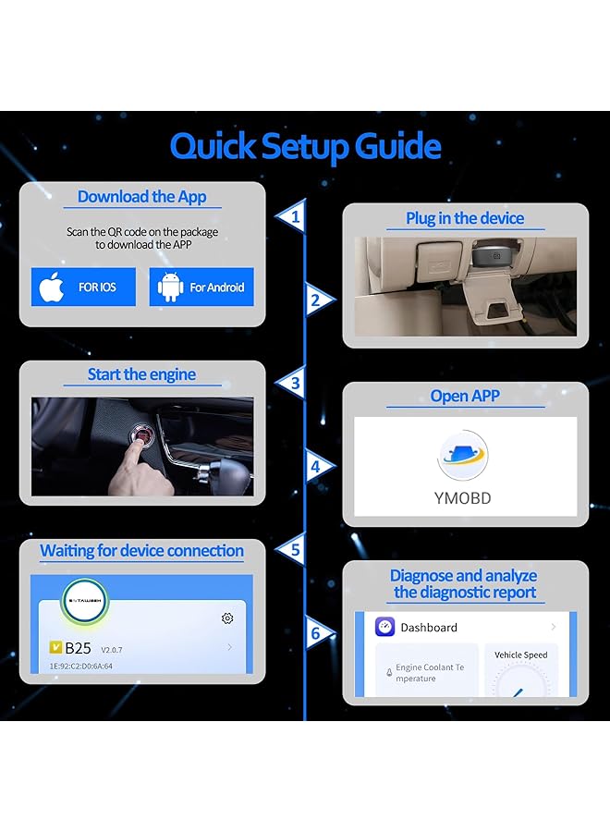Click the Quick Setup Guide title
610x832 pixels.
click(x=305, y=146)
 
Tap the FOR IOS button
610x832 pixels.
click(x=83, y=288)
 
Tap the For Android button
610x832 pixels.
click(x=201, y=288)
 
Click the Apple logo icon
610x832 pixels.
click(x=52, y=288)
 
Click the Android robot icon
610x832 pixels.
click(x=171, y=288)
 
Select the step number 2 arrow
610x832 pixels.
click(x=318, y=300)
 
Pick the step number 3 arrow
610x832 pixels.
click(x=292, y=382)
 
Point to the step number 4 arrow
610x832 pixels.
click(x=318, y=467)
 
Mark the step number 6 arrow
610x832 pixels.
click(x=318, y=633)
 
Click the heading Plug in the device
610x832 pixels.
click(x=465, y=218)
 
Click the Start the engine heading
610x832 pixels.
click(x=141, y=374)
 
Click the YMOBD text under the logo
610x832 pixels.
click(x=462, y=497)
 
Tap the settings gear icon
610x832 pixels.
click(x=227, y=618)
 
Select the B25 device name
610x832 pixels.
click(x=78, y=648)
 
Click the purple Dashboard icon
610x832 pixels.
click(x=384, y=627)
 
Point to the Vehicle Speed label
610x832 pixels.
click(x=520, y=655)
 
